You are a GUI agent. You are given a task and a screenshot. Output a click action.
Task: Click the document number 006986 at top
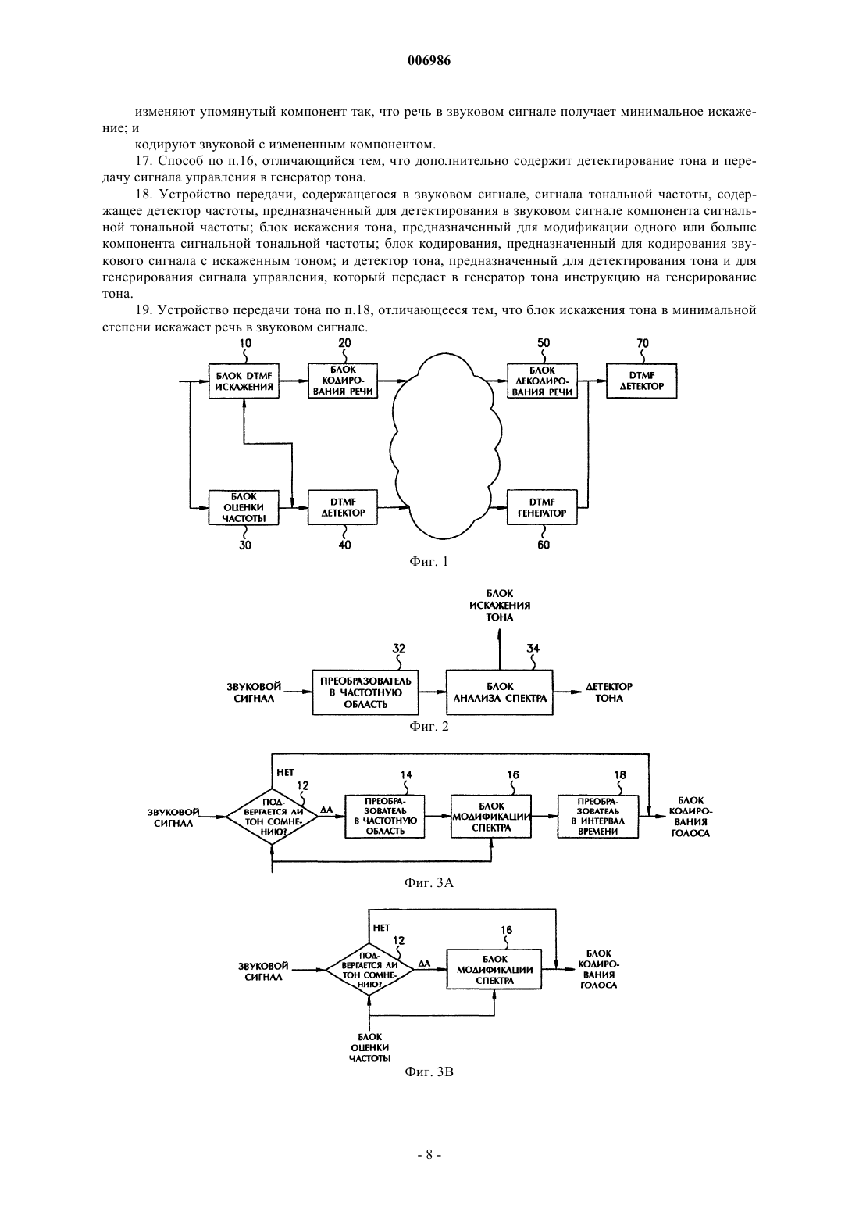(429, 61)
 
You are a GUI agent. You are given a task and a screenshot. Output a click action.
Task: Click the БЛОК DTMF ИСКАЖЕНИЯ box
(244, 381)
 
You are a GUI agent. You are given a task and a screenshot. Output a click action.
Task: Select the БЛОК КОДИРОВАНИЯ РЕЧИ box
(343, 381)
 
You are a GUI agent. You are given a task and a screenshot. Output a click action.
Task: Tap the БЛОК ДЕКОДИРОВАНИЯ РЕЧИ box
(542, 381)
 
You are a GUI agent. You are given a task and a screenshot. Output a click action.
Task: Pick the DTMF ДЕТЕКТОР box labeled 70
(642, 381)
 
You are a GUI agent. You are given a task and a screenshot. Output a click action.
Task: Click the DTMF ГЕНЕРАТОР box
(542, 507)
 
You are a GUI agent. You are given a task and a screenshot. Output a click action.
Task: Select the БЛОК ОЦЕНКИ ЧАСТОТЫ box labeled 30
(244, 507)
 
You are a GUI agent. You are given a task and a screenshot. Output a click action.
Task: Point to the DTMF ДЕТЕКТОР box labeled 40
(343, 507)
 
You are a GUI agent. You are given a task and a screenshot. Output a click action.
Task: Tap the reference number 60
(543, 545)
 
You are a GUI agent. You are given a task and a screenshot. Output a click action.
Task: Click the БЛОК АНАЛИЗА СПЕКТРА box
(500, 692)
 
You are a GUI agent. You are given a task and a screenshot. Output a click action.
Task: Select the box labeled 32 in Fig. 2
(365, 692)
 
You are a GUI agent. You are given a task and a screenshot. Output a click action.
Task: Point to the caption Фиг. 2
(429, 726)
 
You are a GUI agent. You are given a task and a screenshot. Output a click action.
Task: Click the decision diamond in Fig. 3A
(272, 816)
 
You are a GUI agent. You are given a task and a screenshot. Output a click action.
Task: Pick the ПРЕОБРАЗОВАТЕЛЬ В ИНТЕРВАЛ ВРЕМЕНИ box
(598, 817)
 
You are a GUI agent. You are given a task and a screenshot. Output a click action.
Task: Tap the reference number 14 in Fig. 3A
(406, 774)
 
